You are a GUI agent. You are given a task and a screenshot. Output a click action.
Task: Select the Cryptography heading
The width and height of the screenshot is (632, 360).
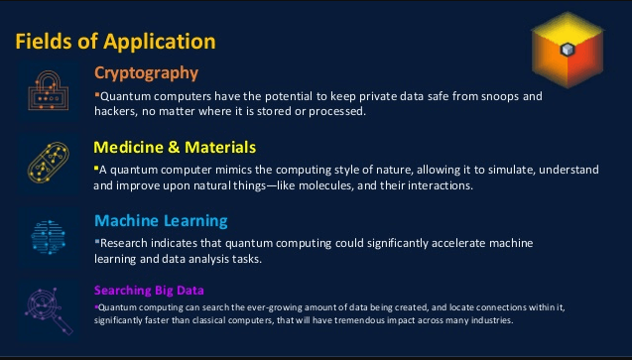(146, 72)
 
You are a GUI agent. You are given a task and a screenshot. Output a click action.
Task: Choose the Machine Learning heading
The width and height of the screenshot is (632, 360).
(161, 220)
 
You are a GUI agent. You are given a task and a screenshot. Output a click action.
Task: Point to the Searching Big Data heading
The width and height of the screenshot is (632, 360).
(150, 291)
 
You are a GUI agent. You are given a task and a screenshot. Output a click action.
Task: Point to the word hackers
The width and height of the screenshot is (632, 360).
(118, 111)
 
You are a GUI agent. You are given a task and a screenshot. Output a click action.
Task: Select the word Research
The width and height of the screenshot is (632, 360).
(127, 243)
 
